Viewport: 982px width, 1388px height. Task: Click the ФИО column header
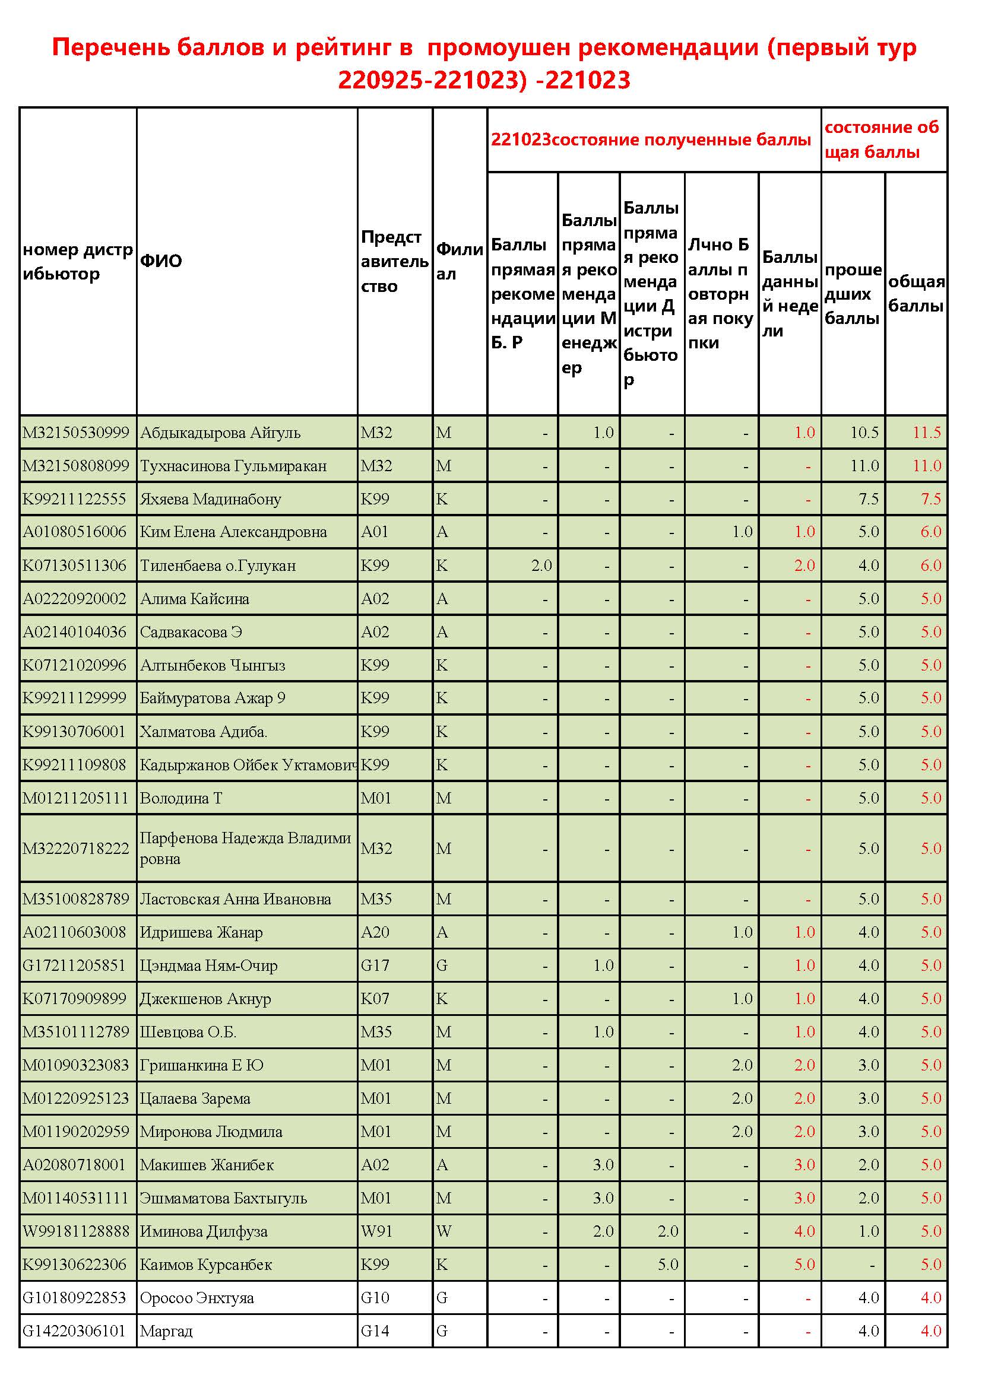click(x=161, y=261)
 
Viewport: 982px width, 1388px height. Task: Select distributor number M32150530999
click(x=75, y=433)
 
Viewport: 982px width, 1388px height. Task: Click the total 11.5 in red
click(x=926, y=433)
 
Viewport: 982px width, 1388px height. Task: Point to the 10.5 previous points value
click(x=864, y=433)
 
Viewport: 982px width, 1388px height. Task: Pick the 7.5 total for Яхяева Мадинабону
click(x=930, y=499)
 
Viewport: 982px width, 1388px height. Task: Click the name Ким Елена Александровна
click(x=233, y=532)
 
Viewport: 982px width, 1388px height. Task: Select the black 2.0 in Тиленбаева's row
click(x=541, y=566)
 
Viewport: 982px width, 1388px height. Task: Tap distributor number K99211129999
click(x=74, y=698)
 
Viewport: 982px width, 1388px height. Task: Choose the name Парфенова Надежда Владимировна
click(x=245, y=848)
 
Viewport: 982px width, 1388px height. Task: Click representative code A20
click(x=375, y=932)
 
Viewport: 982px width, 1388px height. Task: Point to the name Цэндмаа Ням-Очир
click(x=208, y=965)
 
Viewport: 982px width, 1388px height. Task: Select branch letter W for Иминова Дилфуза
click(x=444, y=1231)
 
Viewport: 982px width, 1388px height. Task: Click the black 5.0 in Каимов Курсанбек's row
click(x=667, y=1265)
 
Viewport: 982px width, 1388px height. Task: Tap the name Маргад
click(x=166, y=1331)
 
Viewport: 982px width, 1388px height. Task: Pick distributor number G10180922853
click(x=74, y=1298)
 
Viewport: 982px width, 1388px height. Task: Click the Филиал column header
click(x=459, y=261)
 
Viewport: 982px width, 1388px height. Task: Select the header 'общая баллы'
click(x=916, y=293)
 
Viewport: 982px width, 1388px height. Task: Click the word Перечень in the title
click(x=109, y=47)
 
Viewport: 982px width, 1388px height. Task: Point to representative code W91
click(x=376, y=1231)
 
